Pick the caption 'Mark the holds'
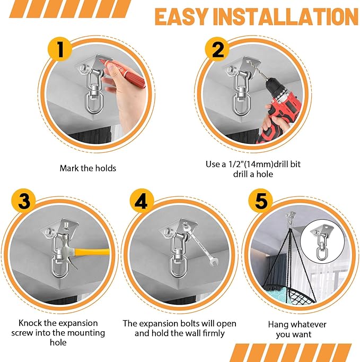(87, 168)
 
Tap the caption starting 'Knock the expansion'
(58, 333)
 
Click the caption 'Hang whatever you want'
(297, 329)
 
